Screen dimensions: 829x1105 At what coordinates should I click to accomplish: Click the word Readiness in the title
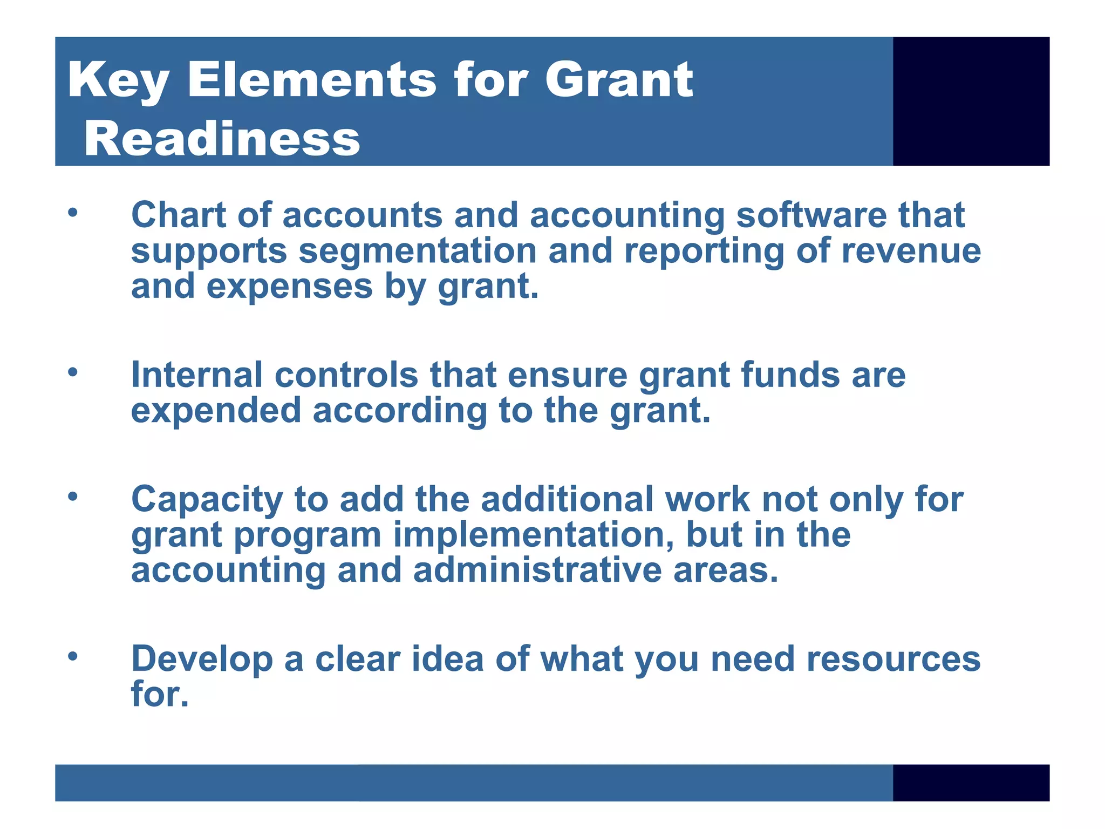click(222, 139)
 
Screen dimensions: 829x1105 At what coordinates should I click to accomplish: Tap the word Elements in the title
click(311, 80)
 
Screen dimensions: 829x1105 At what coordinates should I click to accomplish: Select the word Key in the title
click(118, 81)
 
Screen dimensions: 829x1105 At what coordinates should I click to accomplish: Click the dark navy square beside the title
click(971, 101)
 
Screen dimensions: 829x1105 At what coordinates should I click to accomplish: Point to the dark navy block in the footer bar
click(971, 782)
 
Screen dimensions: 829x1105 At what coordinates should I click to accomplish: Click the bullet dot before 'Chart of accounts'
click(73, 212)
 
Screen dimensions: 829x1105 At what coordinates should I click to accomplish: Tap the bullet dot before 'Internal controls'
click(73, 372)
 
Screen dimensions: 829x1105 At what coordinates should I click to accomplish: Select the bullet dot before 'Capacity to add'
click(73, 496)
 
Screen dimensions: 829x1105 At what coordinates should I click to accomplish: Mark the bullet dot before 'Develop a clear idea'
click(73, 656)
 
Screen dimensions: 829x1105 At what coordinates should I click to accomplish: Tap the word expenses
click(289, 287)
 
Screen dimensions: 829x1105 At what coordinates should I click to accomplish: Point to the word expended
click(216, 411)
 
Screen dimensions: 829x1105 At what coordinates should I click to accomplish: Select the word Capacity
click(207, 500)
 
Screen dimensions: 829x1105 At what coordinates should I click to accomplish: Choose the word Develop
click(202, 660)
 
